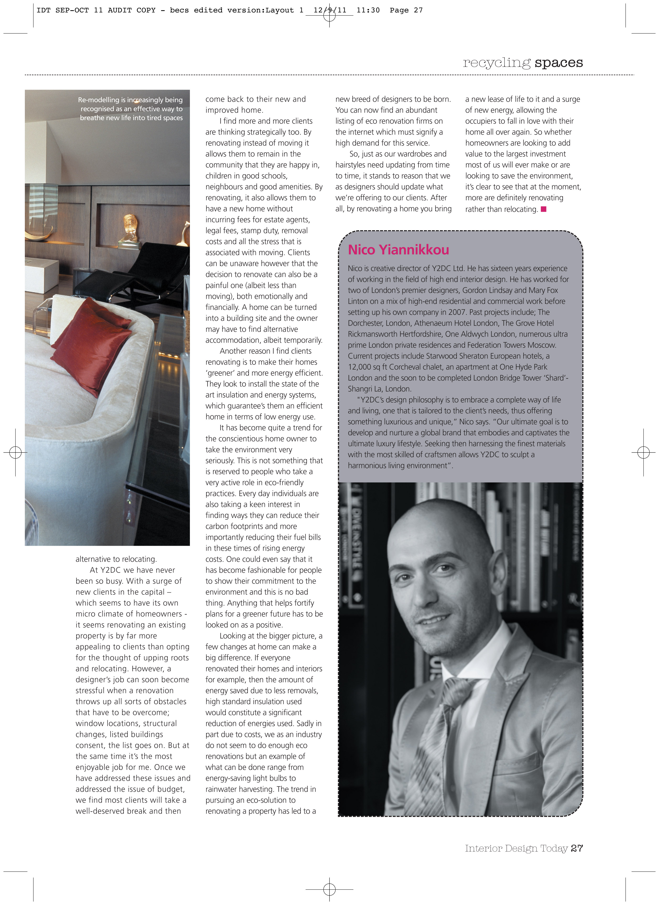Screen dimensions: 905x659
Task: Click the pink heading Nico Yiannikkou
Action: (x=398, y=250)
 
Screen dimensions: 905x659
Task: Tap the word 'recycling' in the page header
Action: (x=496, y=63)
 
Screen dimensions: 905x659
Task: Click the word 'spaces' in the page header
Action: (x=558, y=63)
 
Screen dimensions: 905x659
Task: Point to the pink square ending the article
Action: (x=543, y=209)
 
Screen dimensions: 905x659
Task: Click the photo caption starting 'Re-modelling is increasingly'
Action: (x=131, y=109)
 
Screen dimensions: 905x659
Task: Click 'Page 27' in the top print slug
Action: (x=406, y=10)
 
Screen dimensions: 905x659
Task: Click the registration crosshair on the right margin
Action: (x=643, y=452)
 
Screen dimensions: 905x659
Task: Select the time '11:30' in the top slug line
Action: (x=368, y=10)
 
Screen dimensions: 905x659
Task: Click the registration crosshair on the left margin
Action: (x=15, y=452)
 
